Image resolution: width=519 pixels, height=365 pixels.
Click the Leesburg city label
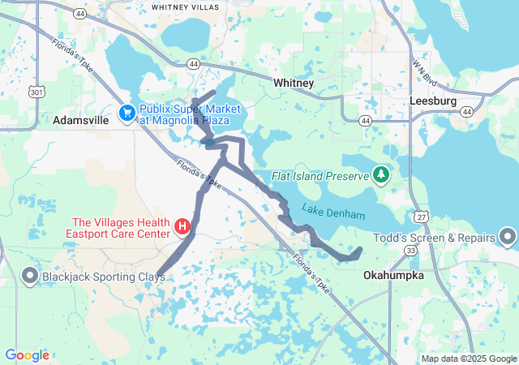pos(433,101)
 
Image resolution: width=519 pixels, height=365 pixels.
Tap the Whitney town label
pos(294,84)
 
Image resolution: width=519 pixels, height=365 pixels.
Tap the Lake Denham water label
pos(333,213)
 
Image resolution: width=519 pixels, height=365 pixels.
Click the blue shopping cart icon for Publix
pos(127,114)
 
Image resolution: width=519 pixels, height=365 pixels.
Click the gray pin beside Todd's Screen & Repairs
pos(508,238)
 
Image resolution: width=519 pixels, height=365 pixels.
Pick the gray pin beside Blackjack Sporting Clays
pos(30,277)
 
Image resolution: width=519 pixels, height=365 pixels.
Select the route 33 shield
pos(411,251)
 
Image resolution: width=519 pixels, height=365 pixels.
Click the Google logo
pos(27,355)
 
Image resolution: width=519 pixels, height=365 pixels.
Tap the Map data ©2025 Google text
pos(468,359)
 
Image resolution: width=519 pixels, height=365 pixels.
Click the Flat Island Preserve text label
pos(321,174)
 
